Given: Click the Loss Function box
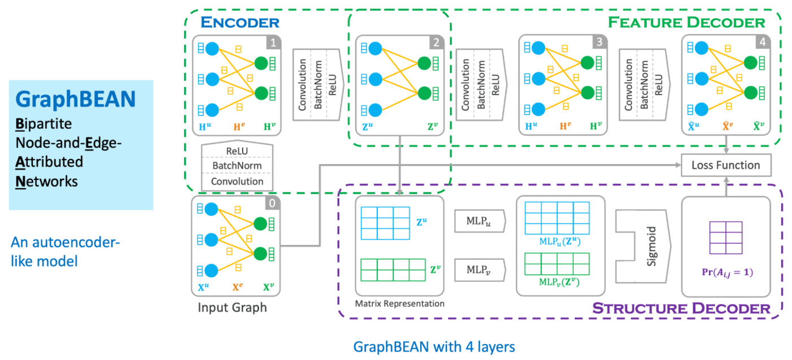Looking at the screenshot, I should click(x=726, y=165).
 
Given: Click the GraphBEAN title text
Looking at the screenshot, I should click(x=75, y=99).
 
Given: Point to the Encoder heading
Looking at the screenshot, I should click(x=240, y=23).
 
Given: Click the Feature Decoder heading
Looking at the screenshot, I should click(x=686, y=23).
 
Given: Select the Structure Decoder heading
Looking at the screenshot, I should click(x=681, y=308).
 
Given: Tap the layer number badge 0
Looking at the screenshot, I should click(x=272, y=204).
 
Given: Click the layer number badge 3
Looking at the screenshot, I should click(x=599, y=42).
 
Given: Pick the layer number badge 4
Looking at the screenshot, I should click(x=762, y=42).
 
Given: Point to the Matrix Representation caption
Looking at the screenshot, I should click(x=399, y=304).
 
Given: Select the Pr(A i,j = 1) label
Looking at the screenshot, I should click(x=726, y=272).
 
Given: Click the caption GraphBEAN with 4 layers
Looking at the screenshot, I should click(x=434, y=346).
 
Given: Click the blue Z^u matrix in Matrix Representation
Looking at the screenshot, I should click(x=385, y=223).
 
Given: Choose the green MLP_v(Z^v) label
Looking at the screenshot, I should click(x=557, y=282).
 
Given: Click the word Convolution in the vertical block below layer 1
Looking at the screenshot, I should click(x=237, y=182).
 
